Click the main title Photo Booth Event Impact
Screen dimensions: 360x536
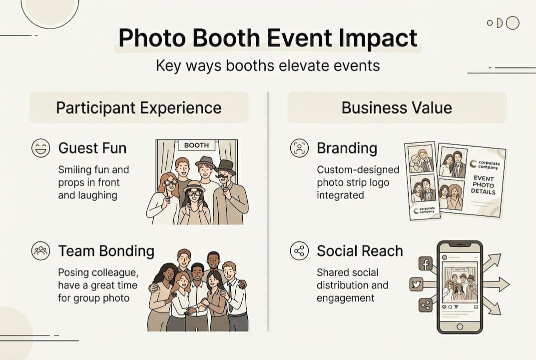point(268,39)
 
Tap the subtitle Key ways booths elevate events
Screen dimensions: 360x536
point(268,66)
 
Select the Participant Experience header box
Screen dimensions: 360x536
point(138,107)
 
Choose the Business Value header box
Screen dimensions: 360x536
point(397,107)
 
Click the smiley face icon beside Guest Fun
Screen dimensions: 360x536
point(40,148)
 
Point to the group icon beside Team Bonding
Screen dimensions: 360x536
point(40,250)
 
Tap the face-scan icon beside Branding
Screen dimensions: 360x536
point(299,148)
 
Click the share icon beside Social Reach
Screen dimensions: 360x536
point(299,250)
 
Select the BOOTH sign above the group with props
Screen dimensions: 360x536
point(196,145)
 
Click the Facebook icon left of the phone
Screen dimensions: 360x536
point(425,263)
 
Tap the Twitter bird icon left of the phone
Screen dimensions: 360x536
point(416,284)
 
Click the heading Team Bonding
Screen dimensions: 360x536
point(106,250)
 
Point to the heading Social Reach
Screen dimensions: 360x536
point(360,250)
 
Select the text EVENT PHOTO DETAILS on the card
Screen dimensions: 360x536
point(483,185)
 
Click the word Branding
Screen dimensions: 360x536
point(347,148)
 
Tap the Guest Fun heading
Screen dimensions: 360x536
point(92,148)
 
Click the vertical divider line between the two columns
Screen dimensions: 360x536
point(268,210)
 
